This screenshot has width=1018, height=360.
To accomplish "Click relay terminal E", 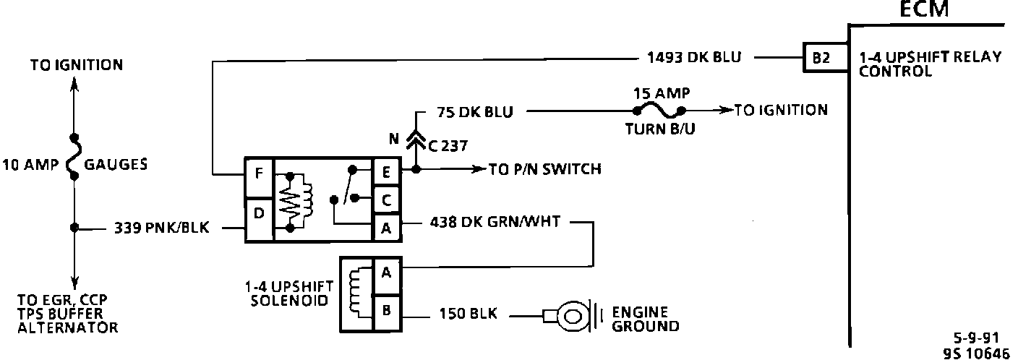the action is click(386, 172).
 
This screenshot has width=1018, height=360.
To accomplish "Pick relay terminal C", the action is click(386, 200).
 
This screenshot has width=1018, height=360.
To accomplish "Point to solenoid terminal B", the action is click(387, 312).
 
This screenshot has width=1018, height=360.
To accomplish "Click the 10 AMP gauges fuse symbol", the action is click(74, 157).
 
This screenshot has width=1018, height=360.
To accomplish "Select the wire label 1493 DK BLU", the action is click(694, 57).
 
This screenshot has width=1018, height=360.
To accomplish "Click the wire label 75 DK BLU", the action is click(474, 112).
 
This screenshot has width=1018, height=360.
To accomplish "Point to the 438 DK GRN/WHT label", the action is click(495, 222).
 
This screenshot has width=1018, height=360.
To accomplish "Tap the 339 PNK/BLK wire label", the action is click(161, 227).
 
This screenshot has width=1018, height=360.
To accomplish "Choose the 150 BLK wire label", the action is click(468, 314).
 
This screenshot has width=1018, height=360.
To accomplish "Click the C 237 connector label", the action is click(448, 146).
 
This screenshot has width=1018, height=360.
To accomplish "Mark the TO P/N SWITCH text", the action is click(545, 169).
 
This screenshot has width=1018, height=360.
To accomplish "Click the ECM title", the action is click(924, 9).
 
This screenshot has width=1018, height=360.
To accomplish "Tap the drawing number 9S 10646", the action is click(976, 353).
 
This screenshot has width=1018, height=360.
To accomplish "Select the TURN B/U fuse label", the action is click(660, 129).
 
